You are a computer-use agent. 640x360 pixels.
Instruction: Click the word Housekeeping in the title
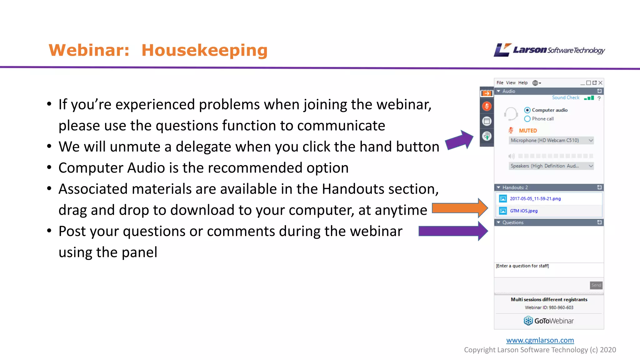[204, 50]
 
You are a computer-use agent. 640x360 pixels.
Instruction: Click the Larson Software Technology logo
[549, 50]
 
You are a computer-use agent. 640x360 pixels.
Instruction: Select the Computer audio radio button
[527, 110]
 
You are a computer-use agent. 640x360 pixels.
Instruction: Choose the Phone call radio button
[527, 119]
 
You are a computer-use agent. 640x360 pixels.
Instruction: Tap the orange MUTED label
[527, 131]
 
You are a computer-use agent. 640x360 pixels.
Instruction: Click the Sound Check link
[565, 97]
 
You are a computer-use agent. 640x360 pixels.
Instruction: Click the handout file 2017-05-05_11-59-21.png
[535, 199]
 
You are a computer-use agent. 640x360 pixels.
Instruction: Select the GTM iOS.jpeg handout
[523, 211]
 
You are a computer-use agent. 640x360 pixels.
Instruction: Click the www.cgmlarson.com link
[540, 340]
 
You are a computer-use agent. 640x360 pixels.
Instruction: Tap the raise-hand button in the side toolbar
[487, 136]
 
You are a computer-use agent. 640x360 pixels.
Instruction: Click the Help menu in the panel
[522, 83]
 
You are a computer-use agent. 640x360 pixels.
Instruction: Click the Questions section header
[513, 222]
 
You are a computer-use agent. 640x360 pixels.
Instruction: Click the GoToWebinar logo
[549, 321]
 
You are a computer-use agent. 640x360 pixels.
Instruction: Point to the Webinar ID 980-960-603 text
[549, 307]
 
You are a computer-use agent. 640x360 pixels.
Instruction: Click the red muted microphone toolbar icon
[487, 106]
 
